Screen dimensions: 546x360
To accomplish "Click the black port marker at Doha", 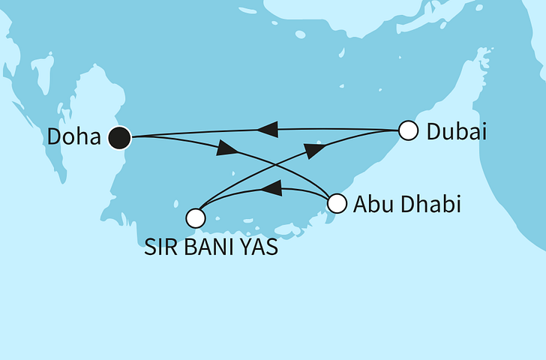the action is [119, 137].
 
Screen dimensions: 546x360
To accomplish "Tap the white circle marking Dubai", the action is [407, 130].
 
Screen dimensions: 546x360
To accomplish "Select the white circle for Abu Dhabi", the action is [337, 202].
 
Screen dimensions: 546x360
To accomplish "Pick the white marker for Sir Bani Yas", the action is [195, 217].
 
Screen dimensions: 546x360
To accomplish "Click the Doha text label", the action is [74, 137].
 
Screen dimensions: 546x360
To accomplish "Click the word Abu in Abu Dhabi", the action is [370, 204].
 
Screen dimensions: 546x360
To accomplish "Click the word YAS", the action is [259, 246].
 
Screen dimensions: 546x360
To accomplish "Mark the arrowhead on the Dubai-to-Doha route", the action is [268, 131].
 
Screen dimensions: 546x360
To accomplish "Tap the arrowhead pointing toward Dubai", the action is [316, 148].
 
